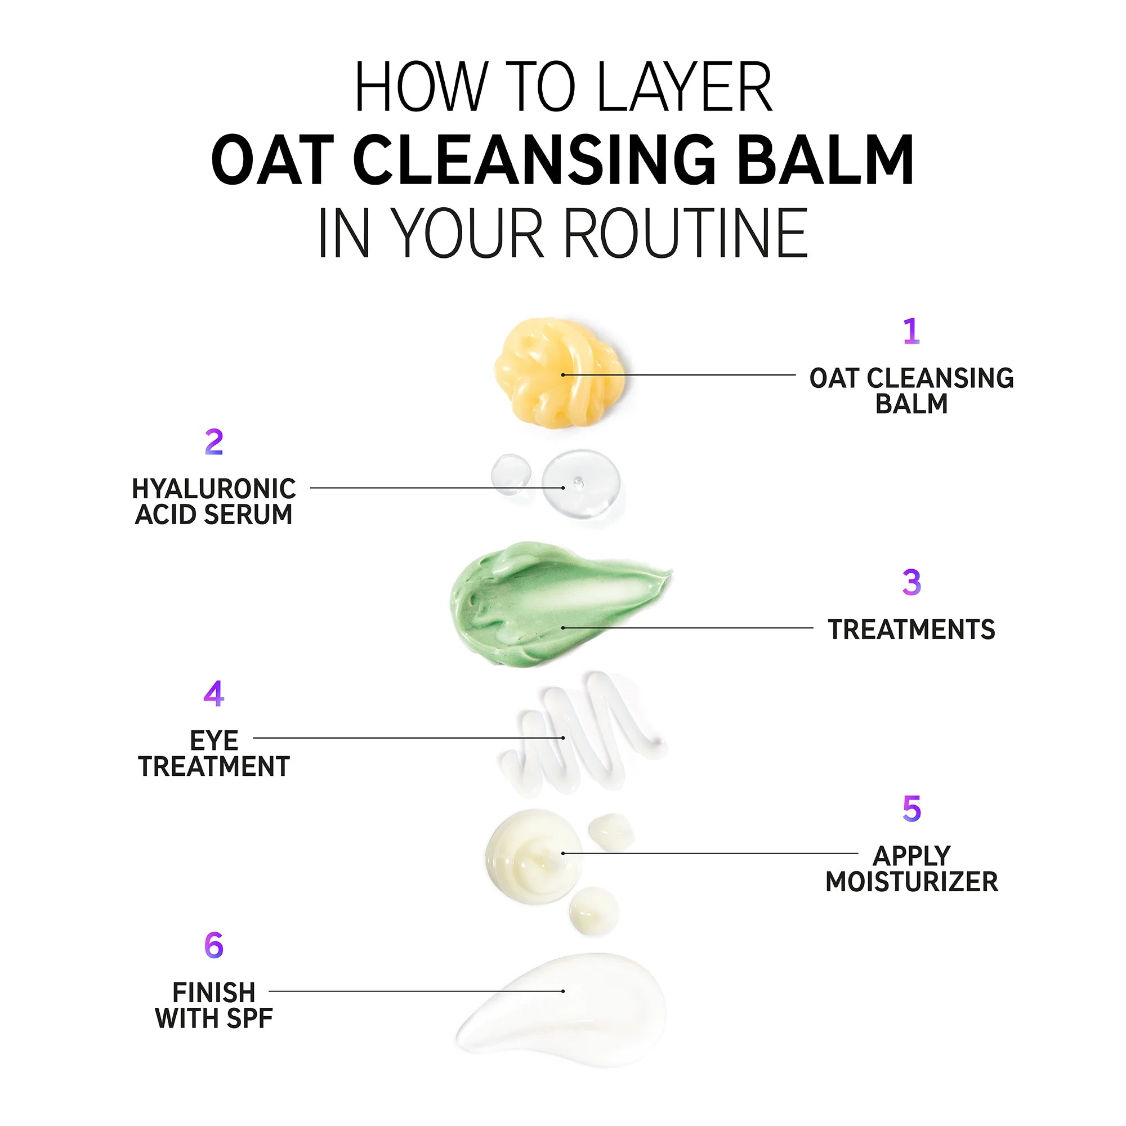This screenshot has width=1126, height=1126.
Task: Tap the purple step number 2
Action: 214,443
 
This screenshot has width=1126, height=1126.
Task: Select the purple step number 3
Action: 911,582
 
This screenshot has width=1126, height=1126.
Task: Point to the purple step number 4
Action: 214,693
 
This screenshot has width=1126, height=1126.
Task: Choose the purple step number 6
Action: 214,945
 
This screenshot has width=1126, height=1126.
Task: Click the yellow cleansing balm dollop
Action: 558,373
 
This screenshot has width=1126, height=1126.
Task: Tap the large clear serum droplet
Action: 580,484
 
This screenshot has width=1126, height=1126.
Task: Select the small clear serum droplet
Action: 511,473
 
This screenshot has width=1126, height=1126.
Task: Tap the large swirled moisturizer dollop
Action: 533,854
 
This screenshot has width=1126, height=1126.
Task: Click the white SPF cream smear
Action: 565,1011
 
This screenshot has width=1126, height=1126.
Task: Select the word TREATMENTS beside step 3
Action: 911,629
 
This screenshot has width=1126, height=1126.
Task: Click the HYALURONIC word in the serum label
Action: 214,488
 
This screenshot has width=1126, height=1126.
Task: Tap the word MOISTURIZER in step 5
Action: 911,881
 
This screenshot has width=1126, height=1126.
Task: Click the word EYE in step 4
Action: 214,741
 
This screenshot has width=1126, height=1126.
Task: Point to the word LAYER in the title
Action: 684,87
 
